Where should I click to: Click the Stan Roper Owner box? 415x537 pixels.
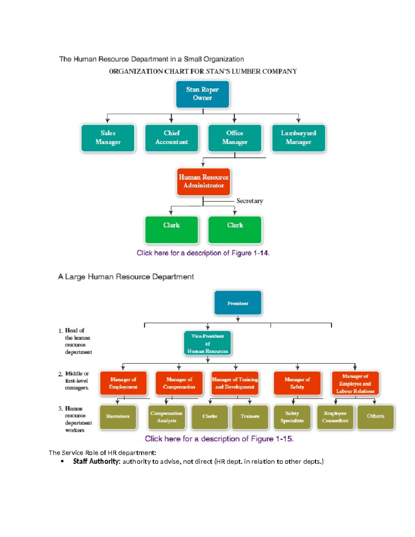coord(202,94)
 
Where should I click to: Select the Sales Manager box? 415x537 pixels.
coord(108,138)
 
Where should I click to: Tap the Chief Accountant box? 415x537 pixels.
coord(172,138)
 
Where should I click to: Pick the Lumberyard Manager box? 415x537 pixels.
coord(298,138)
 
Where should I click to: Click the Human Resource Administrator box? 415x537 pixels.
coord(203,182)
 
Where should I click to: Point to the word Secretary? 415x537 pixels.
coord(250,201)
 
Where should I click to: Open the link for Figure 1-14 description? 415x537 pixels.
coord(203,253)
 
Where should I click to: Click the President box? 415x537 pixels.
coord(238,303)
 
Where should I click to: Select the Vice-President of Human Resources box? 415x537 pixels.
coord(207,343)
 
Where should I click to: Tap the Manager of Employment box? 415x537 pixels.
coord(123,383)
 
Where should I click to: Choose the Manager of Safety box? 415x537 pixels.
coord(297,383)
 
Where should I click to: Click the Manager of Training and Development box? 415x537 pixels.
coord(235,383)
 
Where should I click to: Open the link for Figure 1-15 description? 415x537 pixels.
coord(219,439)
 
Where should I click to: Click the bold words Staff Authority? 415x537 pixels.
coord(96,461)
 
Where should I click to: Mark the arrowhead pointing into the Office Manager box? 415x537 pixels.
coord(234,120)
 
